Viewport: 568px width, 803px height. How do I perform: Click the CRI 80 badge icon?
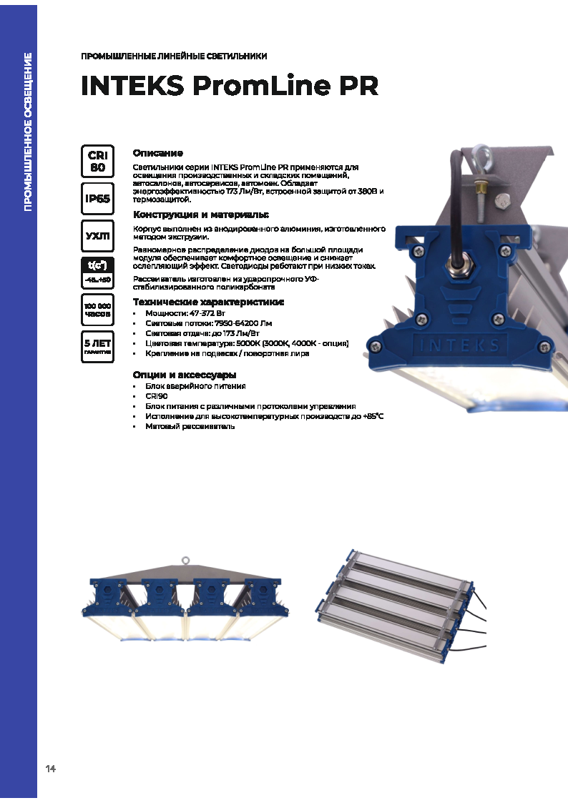click(97, 161)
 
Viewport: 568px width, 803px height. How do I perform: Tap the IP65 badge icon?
click(97, 198)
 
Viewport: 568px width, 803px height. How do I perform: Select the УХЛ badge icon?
click(97, 236)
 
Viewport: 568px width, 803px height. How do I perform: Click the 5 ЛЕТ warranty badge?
click(97, 346)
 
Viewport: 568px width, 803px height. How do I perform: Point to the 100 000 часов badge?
click(97, 310)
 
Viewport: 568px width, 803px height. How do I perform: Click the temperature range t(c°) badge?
click(97, 272)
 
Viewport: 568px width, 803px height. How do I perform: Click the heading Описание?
click(158, 153)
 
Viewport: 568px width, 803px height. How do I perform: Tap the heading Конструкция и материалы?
click(201, 215)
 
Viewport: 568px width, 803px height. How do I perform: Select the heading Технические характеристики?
click(208, 302)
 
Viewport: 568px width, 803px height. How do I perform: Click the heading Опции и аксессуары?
click(185, 375)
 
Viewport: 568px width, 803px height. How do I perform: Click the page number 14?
click(50, 768)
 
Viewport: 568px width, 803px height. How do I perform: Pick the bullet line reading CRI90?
click(157, 396)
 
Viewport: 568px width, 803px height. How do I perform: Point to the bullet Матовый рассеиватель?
click(190, 427)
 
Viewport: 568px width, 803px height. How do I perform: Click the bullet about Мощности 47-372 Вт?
click(185, 313)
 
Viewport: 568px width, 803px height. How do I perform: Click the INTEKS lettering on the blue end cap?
click(459, 345)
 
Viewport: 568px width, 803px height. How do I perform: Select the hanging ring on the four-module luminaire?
click(186, 561)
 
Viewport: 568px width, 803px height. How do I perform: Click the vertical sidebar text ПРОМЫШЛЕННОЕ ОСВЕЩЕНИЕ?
click(28, 132)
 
